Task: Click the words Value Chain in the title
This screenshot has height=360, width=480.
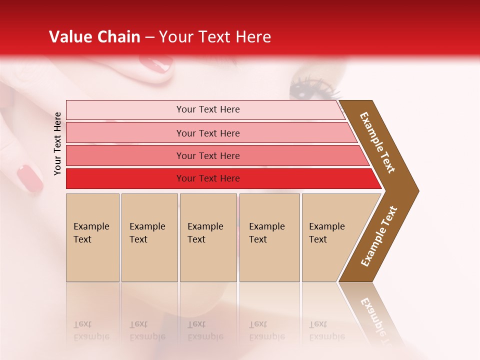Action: click(94, 37)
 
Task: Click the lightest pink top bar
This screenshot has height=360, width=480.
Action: click(207, 109)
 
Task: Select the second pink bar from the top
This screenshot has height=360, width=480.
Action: click(207, 133)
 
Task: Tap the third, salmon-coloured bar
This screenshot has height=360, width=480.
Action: click(207, 155)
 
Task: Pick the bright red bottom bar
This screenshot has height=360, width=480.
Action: click(207, 178)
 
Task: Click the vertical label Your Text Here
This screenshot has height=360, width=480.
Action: click(58, 143)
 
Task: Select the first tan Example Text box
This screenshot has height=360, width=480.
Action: click(92, 237)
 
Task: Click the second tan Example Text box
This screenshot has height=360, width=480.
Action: click(149, 237)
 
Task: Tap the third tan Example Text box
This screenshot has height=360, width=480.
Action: click(208, 237)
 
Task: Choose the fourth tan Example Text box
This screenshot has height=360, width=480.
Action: click(269, 237)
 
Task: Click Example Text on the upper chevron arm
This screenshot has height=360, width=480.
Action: click(377, 142)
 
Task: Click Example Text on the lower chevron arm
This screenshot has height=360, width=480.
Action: click(379, 236)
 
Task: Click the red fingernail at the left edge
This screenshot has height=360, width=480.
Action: click(30, 178)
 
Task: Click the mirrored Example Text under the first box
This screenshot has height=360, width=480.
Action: click(91, 330)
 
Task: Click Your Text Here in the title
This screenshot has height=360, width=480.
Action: click(215, 37)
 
